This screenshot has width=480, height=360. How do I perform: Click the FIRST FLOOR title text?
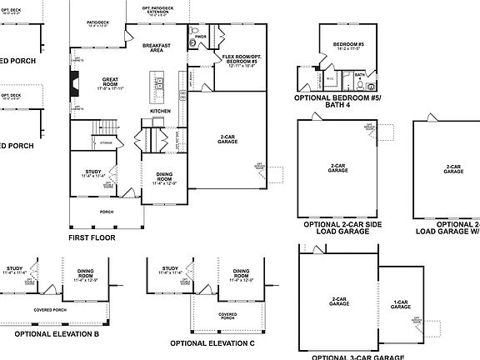pyautogui.click(x=92, y=237)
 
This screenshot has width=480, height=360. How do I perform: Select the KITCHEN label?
pyautogui.click(x=161, y=110)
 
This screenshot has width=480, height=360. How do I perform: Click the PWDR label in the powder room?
pyautogui.click(x=200, y=37)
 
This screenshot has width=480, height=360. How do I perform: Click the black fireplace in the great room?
pyautogui.click(x=74, y=83)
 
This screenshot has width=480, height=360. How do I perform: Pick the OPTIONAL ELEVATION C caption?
pyautogui.click(x=212, y=342)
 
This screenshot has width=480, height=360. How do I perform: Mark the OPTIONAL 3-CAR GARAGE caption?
pyautogui.click(x=352, y=357)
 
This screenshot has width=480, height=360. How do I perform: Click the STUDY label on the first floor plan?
pyautogui.click(x=92, y=172)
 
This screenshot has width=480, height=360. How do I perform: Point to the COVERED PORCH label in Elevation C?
pyautogui.click(x=226, y=316)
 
